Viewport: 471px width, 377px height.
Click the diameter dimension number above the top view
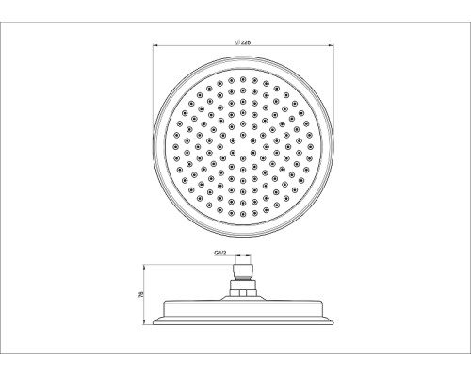pyautogui.click(x=246, y=42)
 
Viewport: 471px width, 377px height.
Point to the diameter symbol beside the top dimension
pyautogui.click(x=237, y=42)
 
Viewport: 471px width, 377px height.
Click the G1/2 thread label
pyautogui.click(x=220, y=253)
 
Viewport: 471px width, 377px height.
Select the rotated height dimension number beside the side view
pyautogui.click(x=141, y=294)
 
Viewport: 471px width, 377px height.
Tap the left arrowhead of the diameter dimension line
pyautogui.click(x=154, y=46)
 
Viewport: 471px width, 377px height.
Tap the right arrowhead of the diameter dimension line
pyautogui.click(x=332, y=46)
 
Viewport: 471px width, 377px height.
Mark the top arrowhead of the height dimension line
pyautogui.click(x=144, y=267)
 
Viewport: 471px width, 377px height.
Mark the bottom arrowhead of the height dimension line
pyautogui.click(x=144, y=322)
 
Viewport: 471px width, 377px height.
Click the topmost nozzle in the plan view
pyautogui.click(x=243, y=79)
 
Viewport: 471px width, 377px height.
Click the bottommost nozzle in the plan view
pyautogui.click(x=243, y=214)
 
